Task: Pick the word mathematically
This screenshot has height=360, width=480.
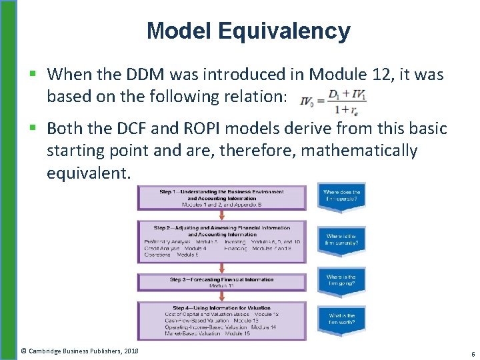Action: coord(359,151)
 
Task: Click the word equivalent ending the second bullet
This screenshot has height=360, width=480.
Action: coord(88,173)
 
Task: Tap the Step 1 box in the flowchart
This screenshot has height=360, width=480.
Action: coord(222,197)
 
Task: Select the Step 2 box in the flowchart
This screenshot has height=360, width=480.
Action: coord(222,241)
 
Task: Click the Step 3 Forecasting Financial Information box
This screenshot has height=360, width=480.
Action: coord(222,282)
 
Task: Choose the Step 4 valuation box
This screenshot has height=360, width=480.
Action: coord(222,321)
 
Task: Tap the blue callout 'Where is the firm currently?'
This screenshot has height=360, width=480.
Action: coord(341,240)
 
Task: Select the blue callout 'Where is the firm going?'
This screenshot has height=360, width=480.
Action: coord(341,281)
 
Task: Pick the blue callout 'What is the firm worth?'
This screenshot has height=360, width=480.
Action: coord(341,321)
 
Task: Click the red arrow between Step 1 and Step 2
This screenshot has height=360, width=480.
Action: coord(222,215)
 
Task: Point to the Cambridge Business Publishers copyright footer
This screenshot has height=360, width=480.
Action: coord(79,351)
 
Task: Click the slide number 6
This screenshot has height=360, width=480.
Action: coord(473,353)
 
